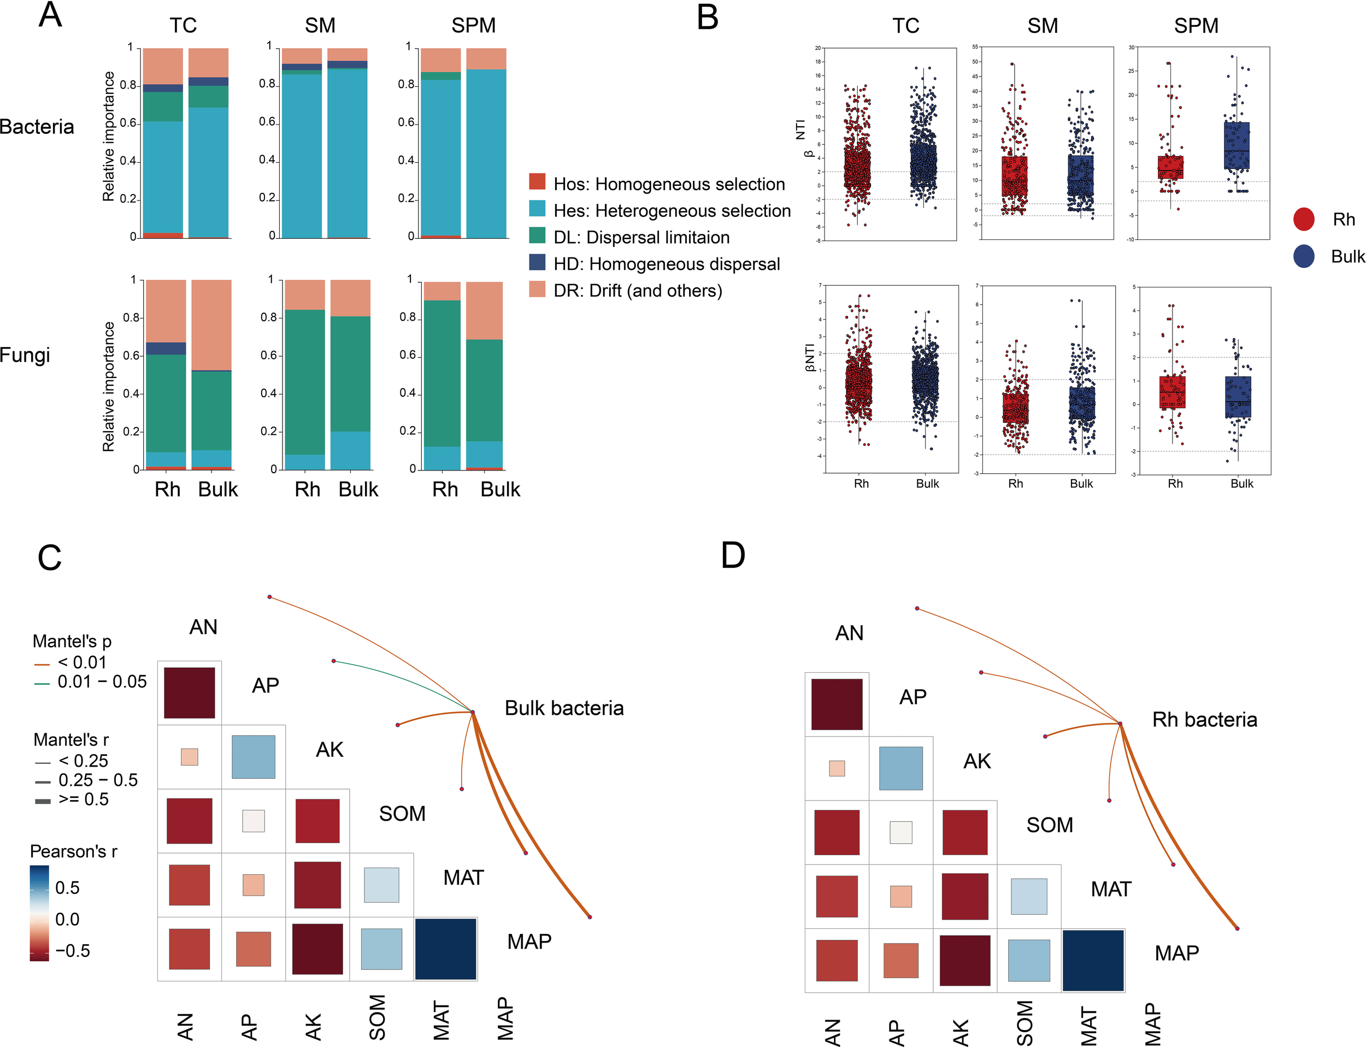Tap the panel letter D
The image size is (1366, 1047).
click(x=733, y=555)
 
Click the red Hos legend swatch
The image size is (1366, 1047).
click(x=537, y=182)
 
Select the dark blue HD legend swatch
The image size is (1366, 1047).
click(x=537, y=262)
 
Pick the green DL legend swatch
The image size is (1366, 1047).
click(x=537, y=236)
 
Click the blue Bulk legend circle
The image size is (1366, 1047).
click(x=1304, y=256)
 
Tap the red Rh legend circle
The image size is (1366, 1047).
click(x=1304, y=219)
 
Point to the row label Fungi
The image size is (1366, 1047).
click(x=25, y=355)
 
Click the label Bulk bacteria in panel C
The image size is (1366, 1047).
click(x=563, y=708)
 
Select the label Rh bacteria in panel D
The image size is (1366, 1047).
click(x=1204, y=720)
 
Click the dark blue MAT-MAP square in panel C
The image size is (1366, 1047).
click(x=445, y=949)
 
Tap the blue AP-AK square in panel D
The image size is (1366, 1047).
click(x=900, y=768)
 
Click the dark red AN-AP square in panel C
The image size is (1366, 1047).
click(x=190, y=692)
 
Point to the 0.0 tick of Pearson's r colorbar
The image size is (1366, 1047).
click(x=67, y=919)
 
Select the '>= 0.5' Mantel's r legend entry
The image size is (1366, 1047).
click(x=83, y=799)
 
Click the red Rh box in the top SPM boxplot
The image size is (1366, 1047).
click(x=1170, y=167)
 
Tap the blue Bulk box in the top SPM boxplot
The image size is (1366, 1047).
click(x=1237, y=146)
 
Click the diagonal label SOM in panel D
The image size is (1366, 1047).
click(x=1050, y=825)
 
